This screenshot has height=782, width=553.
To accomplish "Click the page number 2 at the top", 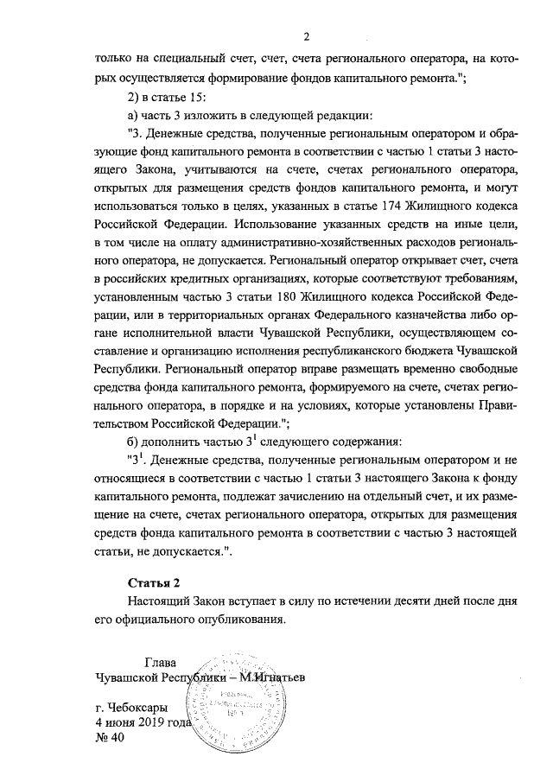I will coord(306,35).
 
